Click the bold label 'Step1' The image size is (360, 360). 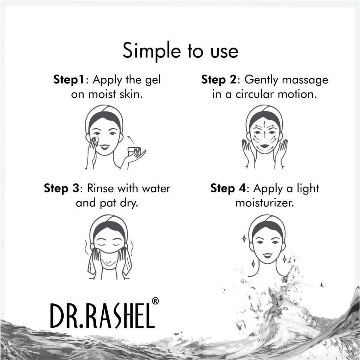point(69,79)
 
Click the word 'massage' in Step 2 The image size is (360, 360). point(305,80)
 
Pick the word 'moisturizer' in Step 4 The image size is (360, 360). point(264,203)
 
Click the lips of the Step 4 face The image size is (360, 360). point(267,255)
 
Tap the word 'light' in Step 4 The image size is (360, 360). point(307,189)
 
